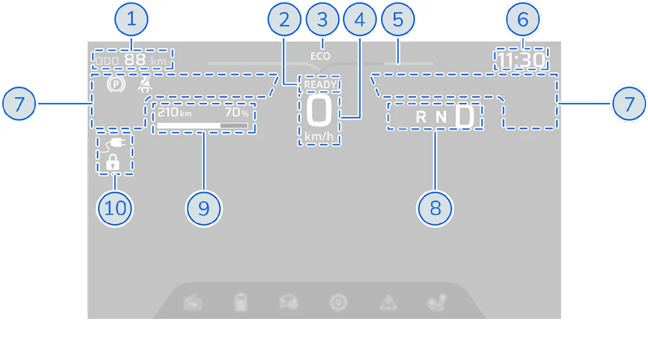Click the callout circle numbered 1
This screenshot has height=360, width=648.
[132, 20]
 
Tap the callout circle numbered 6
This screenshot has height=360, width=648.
[523, 20]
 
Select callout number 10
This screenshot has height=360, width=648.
[115, 208]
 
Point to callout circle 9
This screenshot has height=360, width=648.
[203, 208]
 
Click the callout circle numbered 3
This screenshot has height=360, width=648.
[322, 20]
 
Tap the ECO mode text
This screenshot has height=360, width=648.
[320, 56]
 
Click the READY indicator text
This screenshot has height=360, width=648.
[320, 85]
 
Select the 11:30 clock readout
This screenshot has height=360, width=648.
[521, 60]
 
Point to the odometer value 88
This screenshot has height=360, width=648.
[135, 60]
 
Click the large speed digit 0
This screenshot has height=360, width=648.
[319, 110]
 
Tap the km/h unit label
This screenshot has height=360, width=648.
[319, 137]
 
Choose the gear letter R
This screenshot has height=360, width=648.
[421, 117]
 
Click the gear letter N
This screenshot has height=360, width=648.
[442, 117]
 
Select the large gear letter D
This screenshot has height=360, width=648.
[465, 116]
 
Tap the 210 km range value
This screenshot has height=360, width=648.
[175, 112]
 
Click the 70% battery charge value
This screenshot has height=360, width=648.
[236, 112]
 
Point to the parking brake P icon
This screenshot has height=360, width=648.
[116, 84]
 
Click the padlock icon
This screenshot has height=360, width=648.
[112, 163]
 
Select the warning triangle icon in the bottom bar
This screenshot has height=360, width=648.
[388, 303]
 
